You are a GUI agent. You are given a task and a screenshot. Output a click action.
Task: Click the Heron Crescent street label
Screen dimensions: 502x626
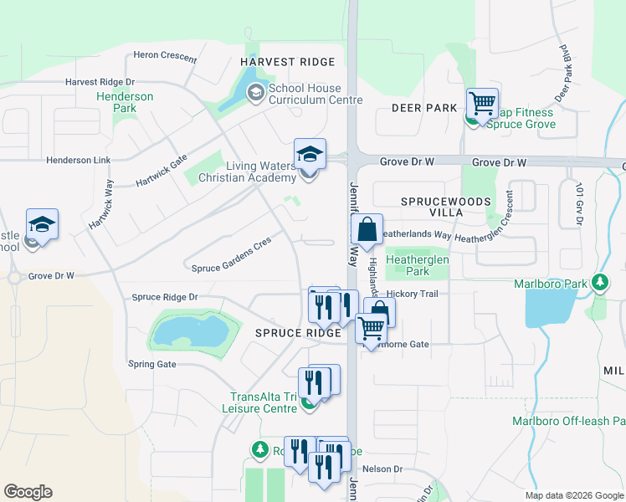pos(165,58)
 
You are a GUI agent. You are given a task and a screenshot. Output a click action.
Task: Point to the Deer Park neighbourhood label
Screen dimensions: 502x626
pos(423,108)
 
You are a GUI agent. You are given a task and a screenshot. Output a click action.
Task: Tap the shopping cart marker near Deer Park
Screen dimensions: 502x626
pos(483,104)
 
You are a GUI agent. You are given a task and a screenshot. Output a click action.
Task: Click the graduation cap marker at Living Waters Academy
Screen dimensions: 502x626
pos(309,155)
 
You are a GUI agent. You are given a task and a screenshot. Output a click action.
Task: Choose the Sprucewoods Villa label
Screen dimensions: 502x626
pos(432,207)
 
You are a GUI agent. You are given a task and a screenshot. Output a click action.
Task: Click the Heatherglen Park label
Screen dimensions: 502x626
pos(417,265)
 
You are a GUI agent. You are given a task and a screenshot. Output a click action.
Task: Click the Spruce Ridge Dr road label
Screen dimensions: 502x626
pos(165,297)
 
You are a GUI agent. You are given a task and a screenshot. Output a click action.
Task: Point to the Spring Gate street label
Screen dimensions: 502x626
pos(152,364)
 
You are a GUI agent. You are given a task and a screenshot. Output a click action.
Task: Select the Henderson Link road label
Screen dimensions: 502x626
pos(79,160)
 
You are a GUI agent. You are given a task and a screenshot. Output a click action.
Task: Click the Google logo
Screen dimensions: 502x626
pos(28,492)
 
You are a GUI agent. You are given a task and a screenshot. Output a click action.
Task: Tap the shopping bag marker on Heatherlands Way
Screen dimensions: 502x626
pos(367,229)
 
